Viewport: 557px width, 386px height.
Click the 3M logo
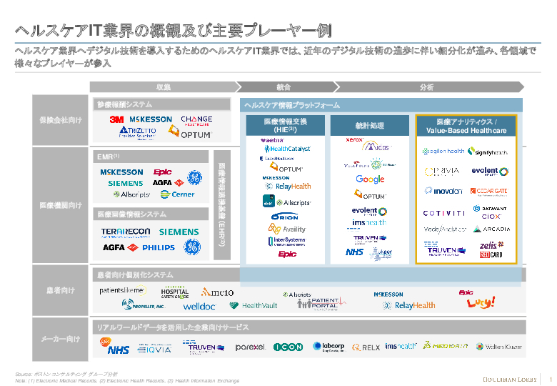click(117, 119)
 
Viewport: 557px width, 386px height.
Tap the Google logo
click(370, 179)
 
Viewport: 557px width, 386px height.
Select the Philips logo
click(158, 247)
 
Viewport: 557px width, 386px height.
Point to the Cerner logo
click(178, 194)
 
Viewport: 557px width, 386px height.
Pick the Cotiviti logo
click(444, 212)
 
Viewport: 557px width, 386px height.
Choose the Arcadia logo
click(492, 229)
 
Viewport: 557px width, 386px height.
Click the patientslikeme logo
click(122, 291)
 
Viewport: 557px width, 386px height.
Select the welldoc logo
click(199, 306)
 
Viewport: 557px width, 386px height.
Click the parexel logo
click(250, 347)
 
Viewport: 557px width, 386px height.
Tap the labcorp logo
click(328, 347)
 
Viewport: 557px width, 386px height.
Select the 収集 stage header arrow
click(164, 86)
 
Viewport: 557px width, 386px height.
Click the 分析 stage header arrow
click(427, 86)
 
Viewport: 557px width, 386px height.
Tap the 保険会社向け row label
click(60, 119)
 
